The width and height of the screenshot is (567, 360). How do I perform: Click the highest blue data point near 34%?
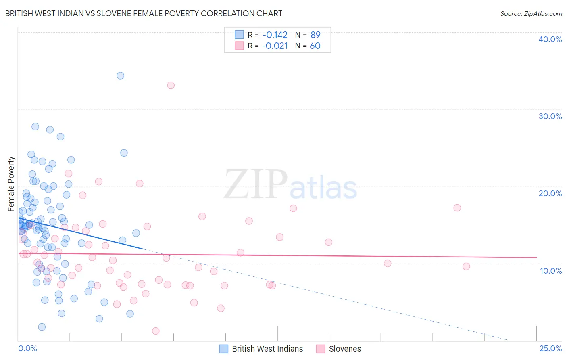pyautogui.click(x=120, y=75)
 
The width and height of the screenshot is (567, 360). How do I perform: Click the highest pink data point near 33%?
pyautogui.click(x=171, y=85)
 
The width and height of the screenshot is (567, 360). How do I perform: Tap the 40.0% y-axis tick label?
pyautogui.click(x=550, y=39)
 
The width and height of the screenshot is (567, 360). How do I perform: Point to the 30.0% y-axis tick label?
pyautogui.click(x=550, y=116)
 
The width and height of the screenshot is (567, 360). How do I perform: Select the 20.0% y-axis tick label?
pyautogui.click(x=550, y=193)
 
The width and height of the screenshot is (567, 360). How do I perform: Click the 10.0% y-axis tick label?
pyautogui.click(x=551, y=271)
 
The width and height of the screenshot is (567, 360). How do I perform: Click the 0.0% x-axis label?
pyautogui.click(x=27, y=348)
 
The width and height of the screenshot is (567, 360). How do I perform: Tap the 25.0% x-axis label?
pyautogui.click(x=550, y=348)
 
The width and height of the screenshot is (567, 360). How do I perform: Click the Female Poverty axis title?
pyautogui.click(x=11, y=184)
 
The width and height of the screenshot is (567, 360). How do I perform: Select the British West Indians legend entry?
pyautogui.click(x=267, y=349)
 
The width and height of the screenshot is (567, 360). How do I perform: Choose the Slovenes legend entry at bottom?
pyautogui.click(x=344, y=349)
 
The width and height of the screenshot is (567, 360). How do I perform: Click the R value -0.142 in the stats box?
pyautogui.click(x=275, y=35)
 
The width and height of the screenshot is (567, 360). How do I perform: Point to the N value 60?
pyautogui.click(x=315, y=46)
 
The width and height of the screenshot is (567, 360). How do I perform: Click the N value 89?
pyautogui.click(x=315, y=35)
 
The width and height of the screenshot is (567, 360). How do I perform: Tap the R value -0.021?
pyautogui.click(x=275, y=46)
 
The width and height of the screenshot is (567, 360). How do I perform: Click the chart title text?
pyautogui.click(x=144, y=13)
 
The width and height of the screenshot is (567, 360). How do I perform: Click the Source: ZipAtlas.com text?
pyautogui.click(x=531, y=13)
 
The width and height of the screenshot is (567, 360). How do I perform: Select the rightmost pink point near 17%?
pyautogui.click(x=457, y=208)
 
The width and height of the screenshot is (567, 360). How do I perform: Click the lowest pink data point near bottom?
pyautogui.click(x=156, y=331)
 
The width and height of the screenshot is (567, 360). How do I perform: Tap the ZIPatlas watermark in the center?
pyautogui.click(x=290, y=185)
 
